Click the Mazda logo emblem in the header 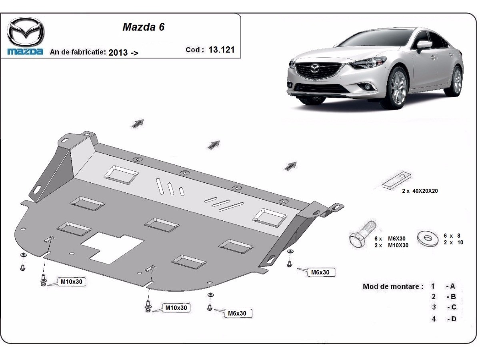pos(26,32)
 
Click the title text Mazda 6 pos(143,27)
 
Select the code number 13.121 pos(222,50)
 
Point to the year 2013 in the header pos(118,52)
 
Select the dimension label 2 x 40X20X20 pos(420,191)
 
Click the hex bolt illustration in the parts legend pos(362,234)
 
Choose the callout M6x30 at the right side pos(320,272)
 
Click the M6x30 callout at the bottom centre pos(237,313)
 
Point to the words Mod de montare pos(393,286)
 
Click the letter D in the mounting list pos(453,319)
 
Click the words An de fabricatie pos(78,52)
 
